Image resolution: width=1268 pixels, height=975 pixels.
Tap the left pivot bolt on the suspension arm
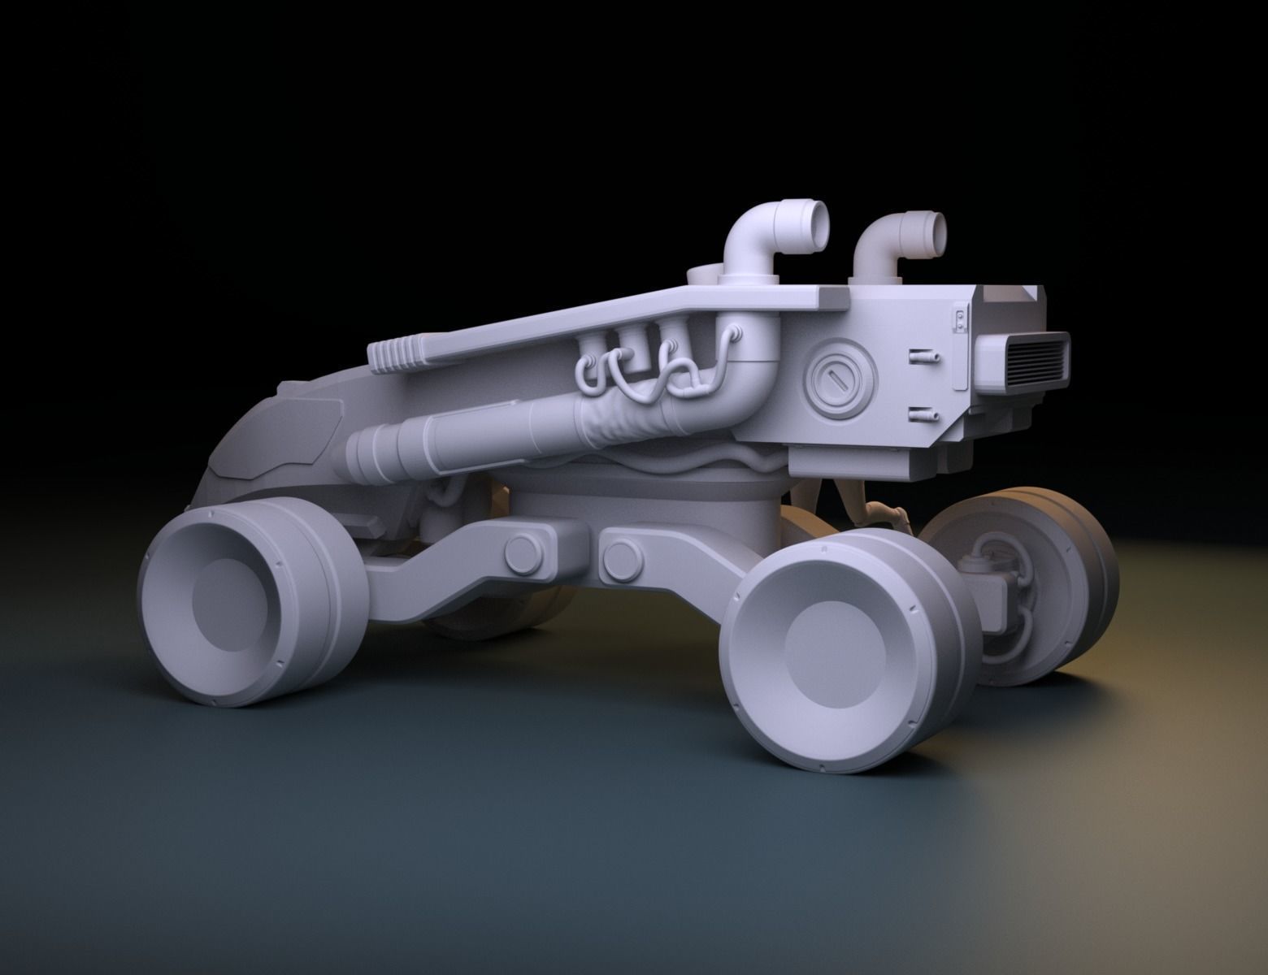(x=522, y=552)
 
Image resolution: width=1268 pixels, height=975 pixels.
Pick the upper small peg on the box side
(x=924, y=355)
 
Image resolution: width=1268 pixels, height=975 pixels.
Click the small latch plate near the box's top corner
(x=960, y=318)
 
